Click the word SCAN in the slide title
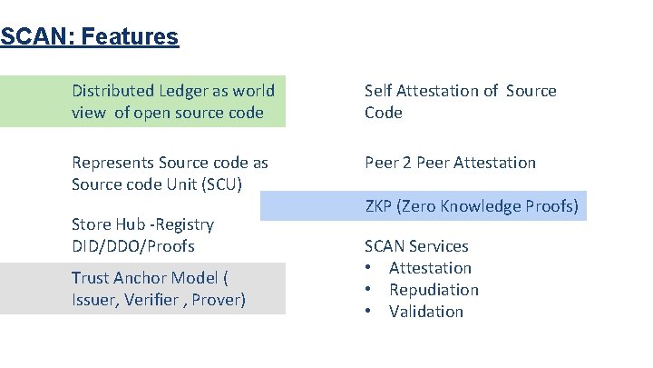pyautogui.click(x=26, y=37)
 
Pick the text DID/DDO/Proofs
pyautogui.click(x=133, y=246)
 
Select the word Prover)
pyautogui.click(x=219, y=300)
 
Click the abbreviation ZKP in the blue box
pyautogui.click(x=379, y=206)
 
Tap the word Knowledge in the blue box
pyautogui.click(x=489, y=206)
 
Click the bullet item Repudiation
pyautogui.click(x=434, y=290)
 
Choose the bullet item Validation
pyautogui.click(x=426, y=312)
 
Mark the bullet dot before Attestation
pyautogui.click(x=369, y=268)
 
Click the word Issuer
pyautogui.click(x=96, y=300)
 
